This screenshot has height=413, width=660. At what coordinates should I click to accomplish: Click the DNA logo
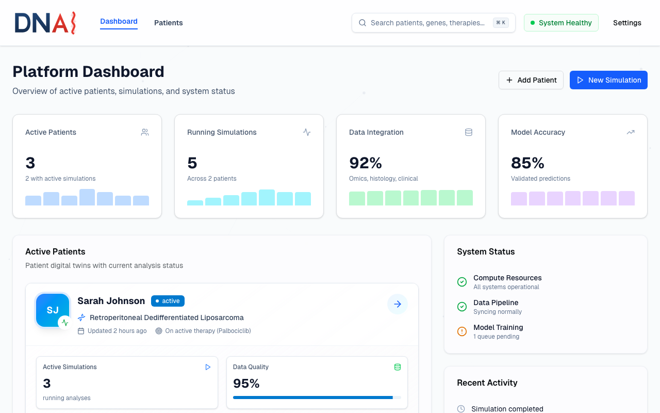[45, 23]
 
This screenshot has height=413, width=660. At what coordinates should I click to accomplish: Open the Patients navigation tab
[169, 23]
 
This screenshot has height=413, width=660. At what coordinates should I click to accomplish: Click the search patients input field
[427, 23]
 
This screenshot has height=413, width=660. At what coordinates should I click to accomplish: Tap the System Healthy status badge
[561, 23]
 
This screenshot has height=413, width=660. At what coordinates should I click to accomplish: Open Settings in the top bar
[627, 23]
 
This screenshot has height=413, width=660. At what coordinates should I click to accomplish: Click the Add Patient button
[531, 80]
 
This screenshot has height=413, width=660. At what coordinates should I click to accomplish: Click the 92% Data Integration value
[366, 163]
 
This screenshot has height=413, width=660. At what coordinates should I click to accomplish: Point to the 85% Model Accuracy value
[527, 163]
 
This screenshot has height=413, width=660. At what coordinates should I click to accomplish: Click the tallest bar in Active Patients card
[87, 197]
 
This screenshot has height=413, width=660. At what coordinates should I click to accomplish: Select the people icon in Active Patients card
[145, 132]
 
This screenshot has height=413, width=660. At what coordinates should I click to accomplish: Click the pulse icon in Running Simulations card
[307, 132]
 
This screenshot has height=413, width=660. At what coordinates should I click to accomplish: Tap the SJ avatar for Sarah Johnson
[53, 310]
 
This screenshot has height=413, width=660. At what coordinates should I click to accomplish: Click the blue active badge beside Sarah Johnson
[168, 301]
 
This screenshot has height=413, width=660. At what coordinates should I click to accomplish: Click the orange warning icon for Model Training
[462, 331]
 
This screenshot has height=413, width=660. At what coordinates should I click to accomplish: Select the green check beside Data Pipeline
[462, 307]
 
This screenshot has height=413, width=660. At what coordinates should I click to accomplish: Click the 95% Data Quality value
[246, 384]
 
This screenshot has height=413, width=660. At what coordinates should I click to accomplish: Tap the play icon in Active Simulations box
[208, 367]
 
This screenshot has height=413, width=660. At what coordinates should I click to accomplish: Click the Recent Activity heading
[487, 383]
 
